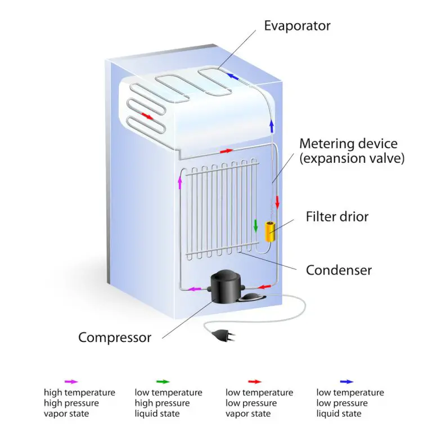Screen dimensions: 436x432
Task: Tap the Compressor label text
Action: [x=115, y=337]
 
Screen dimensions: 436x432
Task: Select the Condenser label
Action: [x=339, y=270]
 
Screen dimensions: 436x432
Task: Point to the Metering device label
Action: [x=348, y=144]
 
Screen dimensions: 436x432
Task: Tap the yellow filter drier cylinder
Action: [x=270, y=231]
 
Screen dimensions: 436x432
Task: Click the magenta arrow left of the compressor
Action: [x=194, y=289]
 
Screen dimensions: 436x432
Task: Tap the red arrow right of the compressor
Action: [x=264, y=287]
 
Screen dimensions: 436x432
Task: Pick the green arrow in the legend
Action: [x=163, y=381]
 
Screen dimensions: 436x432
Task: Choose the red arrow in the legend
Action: [x=254, y=381]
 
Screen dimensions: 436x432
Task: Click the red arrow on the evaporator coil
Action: [x=147, y=116]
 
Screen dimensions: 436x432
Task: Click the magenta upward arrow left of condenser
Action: [x=180, y=182]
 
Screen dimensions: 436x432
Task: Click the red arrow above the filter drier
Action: [x=277, y=202]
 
